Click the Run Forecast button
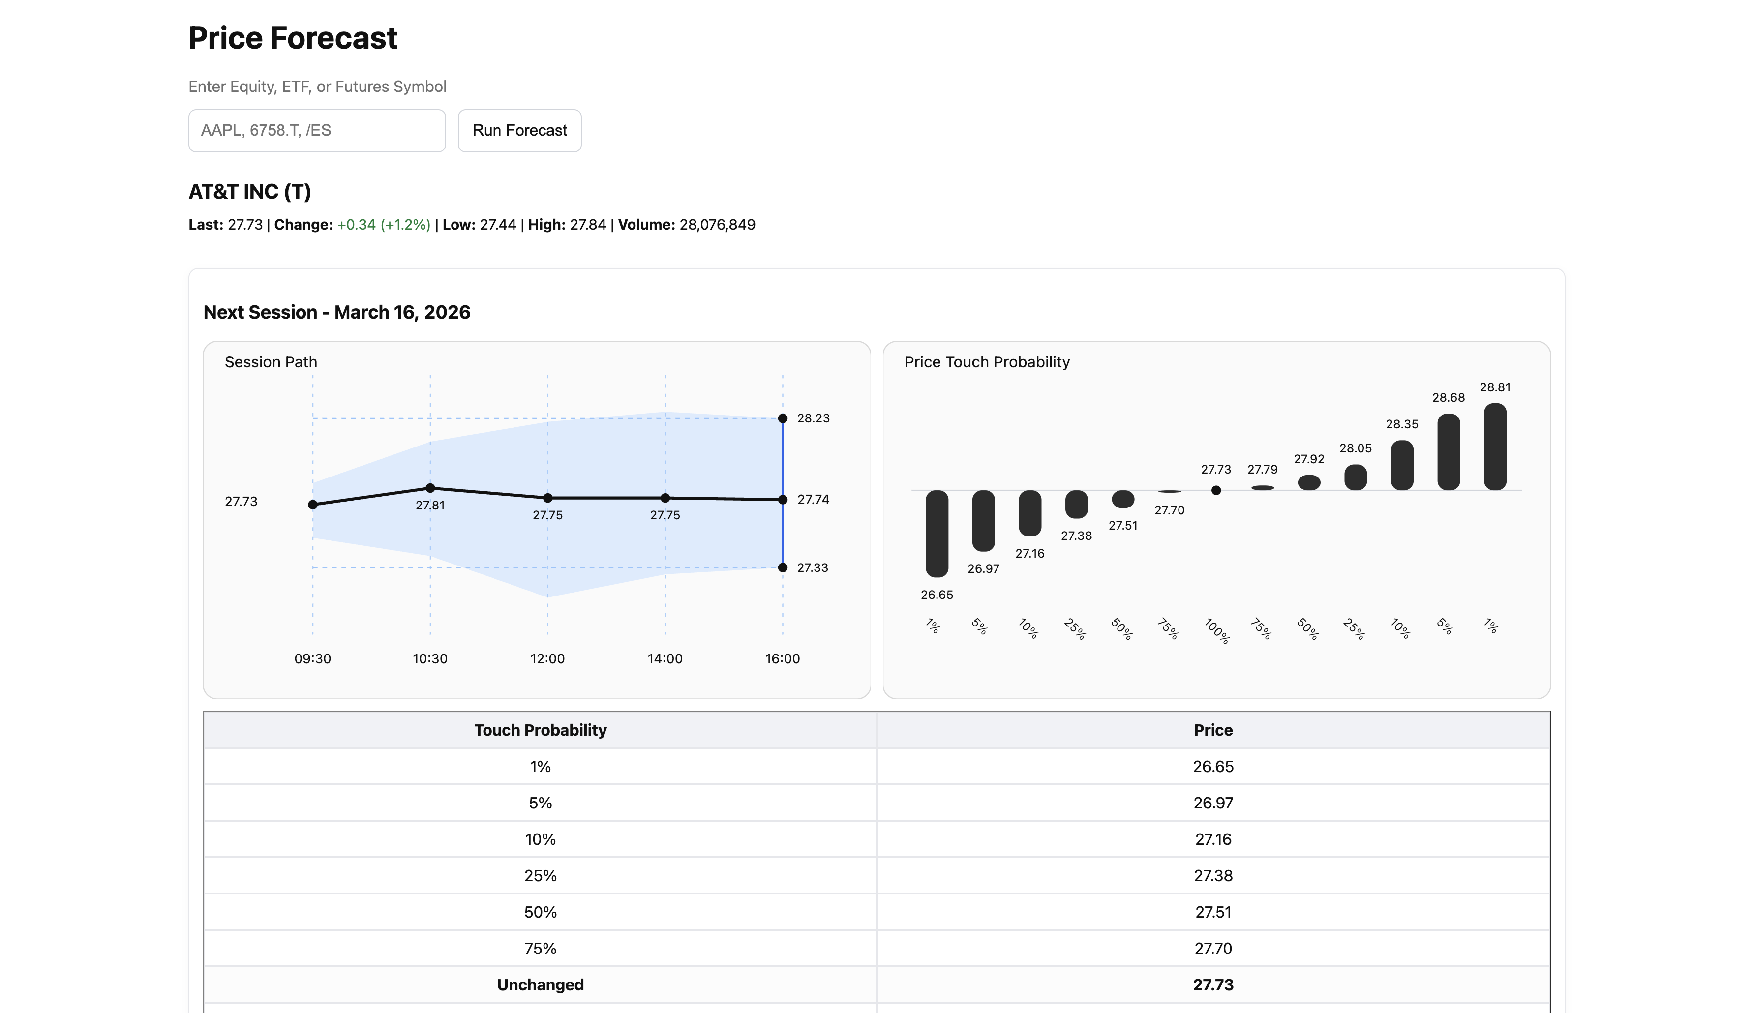[x=519, y=131]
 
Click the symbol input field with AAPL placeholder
[x=317, y=131]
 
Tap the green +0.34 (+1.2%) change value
[x=383, y=225]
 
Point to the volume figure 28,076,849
[x=717, y=225]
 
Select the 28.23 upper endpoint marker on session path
[x=782, y=418]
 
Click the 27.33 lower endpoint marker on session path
[x=782, y=567]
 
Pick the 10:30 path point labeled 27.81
[x=430, y=488]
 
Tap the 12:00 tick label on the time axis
[x=547, y=658]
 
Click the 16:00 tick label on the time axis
[x=782, y=658]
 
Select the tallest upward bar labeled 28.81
[x=1494, y=447]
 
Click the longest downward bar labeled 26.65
[x=937, y=533]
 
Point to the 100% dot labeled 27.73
[x=1215, y=490]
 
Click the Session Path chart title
[x=271, y=362]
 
